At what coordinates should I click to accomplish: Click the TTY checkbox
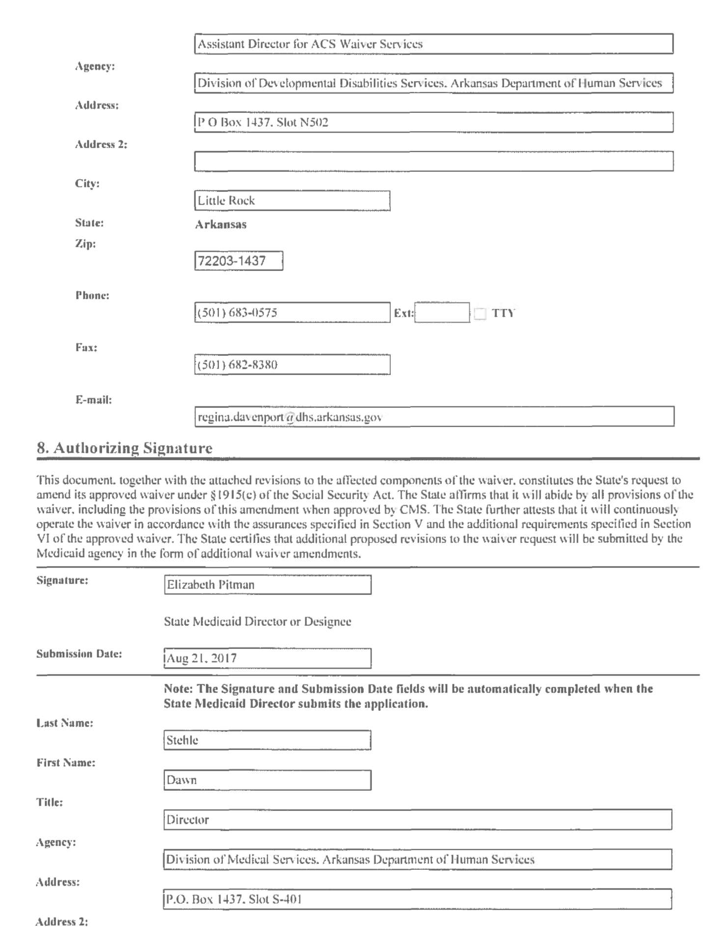click(480, 313)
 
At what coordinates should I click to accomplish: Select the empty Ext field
click(442, 313)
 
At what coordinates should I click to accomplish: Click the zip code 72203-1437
click(239, 261)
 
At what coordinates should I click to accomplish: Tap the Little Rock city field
click(292, 201)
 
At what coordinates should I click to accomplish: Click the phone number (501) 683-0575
click(292, 313)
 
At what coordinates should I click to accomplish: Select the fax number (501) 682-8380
click(292, 365)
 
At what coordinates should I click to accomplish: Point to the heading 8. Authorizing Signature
click(125, 448)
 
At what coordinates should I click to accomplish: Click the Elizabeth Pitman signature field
click(268, 585)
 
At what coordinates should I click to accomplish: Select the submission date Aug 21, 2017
click(268, 658)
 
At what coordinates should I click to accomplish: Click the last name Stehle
click(268, 740)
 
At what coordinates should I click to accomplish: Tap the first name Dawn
click(268, 780)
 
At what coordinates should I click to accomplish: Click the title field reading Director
click(417, 820)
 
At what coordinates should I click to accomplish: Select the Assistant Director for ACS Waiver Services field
click(433, 44)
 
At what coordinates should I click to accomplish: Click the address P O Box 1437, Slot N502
click(433, 122)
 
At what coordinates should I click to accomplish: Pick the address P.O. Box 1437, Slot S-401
click(417, 899)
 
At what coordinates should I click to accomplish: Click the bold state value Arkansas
click(221, 224)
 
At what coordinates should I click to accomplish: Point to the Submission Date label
click(79, 654)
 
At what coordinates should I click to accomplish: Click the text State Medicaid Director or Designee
click(258, 621)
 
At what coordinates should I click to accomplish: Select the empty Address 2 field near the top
click(433, 161)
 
